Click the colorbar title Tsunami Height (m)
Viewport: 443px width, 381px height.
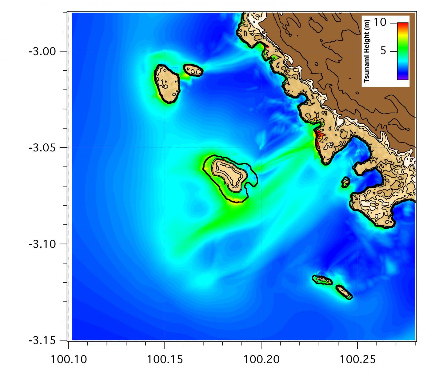click(x=366, y=51)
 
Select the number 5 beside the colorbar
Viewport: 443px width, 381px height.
click(x=383, y=50)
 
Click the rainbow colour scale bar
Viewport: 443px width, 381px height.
click(x=403, y=51)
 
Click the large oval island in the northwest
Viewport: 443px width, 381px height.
click(x=167, y=83)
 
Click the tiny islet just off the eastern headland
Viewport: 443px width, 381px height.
click(x=346, y=182)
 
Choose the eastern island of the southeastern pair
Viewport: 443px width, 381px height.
click(x=344, y=292)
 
